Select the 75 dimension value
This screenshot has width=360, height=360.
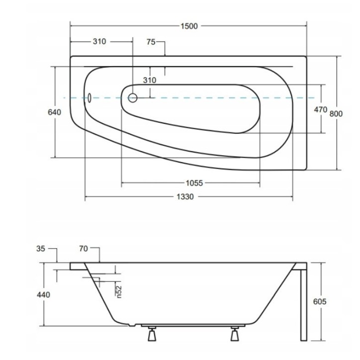point(152,42)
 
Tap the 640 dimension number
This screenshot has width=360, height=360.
point(54,112)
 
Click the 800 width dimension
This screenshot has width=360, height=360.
point(337,113)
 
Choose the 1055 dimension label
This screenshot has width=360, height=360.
point(190,183)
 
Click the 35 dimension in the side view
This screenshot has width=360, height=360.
point(41,248)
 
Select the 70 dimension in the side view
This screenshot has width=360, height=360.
point(83,248)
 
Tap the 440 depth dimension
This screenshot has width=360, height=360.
point(43,295)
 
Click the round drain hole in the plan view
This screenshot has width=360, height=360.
point(133,98)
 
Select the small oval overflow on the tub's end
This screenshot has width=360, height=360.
point(90,97)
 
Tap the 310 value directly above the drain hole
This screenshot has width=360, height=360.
point(149,81)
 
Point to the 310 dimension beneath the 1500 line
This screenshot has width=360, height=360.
point(99,42)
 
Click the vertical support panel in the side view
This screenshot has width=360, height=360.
point(303,303)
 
